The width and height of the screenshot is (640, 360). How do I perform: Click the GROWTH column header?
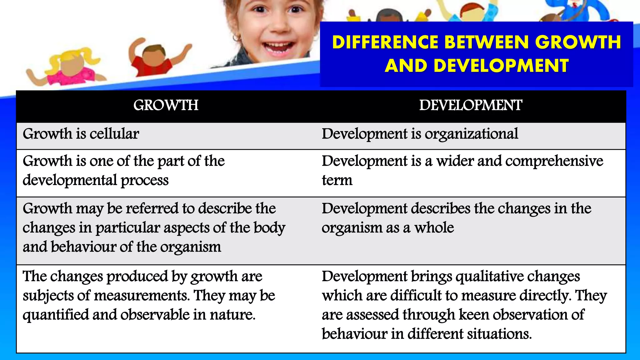(166, 105)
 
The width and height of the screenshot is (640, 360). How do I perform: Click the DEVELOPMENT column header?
(470, 105)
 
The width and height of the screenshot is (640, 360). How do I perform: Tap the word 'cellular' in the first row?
(114, 134)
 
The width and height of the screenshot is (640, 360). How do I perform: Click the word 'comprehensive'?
(554, 161)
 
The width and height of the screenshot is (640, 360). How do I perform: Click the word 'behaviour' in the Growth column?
(83, 247)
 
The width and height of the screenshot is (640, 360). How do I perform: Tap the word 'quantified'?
(56, 315)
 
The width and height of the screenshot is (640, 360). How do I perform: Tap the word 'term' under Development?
(337, 180)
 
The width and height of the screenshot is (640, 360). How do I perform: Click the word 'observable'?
(155, 315)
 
